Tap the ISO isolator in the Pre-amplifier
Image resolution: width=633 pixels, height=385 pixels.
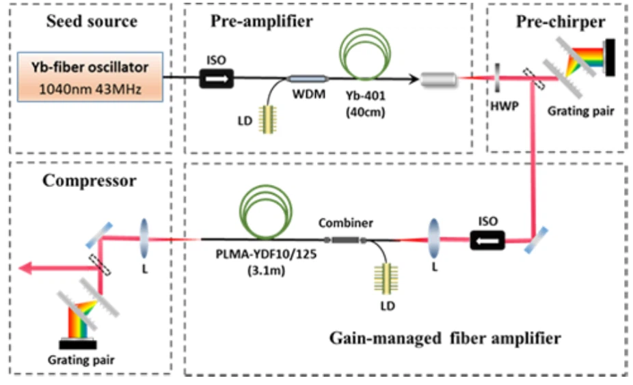[216, 80]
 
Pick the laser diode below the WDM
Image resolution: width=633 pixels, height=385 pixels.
[273, 117]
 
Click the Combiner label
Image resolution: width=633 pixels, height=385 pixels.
[340, 223]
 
